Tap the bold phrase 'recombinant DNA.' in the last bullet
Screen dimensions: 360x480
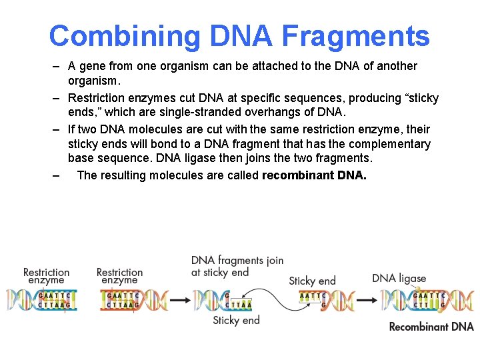[x=314, y=175]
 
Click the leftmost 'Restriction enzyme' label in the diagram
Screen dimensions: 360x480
[x=46, y=276]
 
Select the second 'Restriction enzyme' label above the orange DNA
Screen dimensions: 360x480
[x=119, y=276]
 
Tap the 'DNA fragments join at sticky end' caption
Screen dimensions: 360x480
[x=237, y=266]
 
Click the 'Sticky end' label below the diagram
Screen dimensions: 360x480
[x=236, y=321]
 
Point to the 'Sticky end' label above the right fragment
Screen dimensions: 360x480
[x=312, y=281]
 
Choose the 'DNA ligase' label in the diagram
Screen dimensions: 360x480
[x=399, y=278]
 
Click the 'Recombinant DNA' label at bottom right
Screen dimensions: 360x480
[x=431, y=327]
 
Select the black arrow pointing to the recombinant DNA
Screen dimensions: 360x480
[x=365, y=301]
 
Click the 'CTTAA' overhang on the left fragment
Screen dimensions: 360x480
[x=240, y=305]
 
